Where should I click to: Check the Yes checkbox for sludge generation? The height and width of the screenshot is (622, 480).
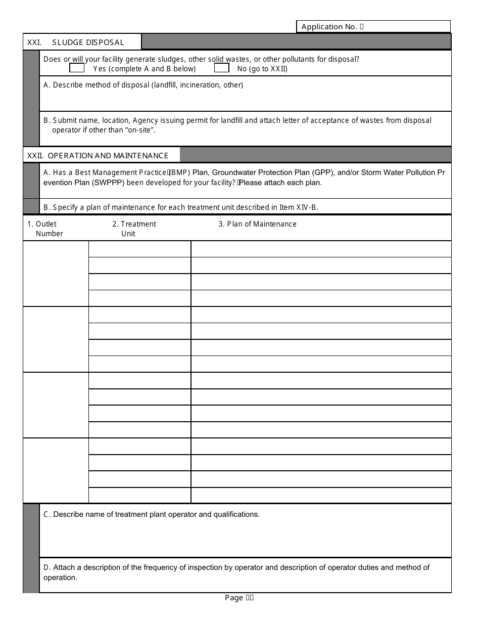click(x=77, y=68)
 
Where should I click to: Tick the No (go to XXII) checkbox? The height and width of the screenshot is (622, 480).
click(x=222, y=68)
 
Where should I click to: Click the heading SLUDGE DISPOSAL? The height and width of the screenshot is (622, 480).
click(x=88, y=42)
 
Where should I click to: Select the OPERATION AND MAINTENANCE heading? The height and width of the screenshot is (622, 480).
click(x=108, y=156)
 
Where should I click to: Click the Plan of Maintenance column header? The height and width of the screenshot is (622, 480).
click(x=258, y=224)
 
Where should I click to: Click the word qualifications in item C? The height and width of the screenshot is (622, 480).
click(x=236, y=514)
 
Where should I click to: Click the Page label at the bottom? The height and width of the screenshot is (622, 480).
click(x=234, y=598)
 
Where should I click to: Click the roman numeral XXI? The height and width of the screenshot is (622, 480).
click(x=34, y=42)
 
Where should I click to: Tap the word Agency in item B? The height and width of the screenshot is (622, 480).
click(x=146, y=120)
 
